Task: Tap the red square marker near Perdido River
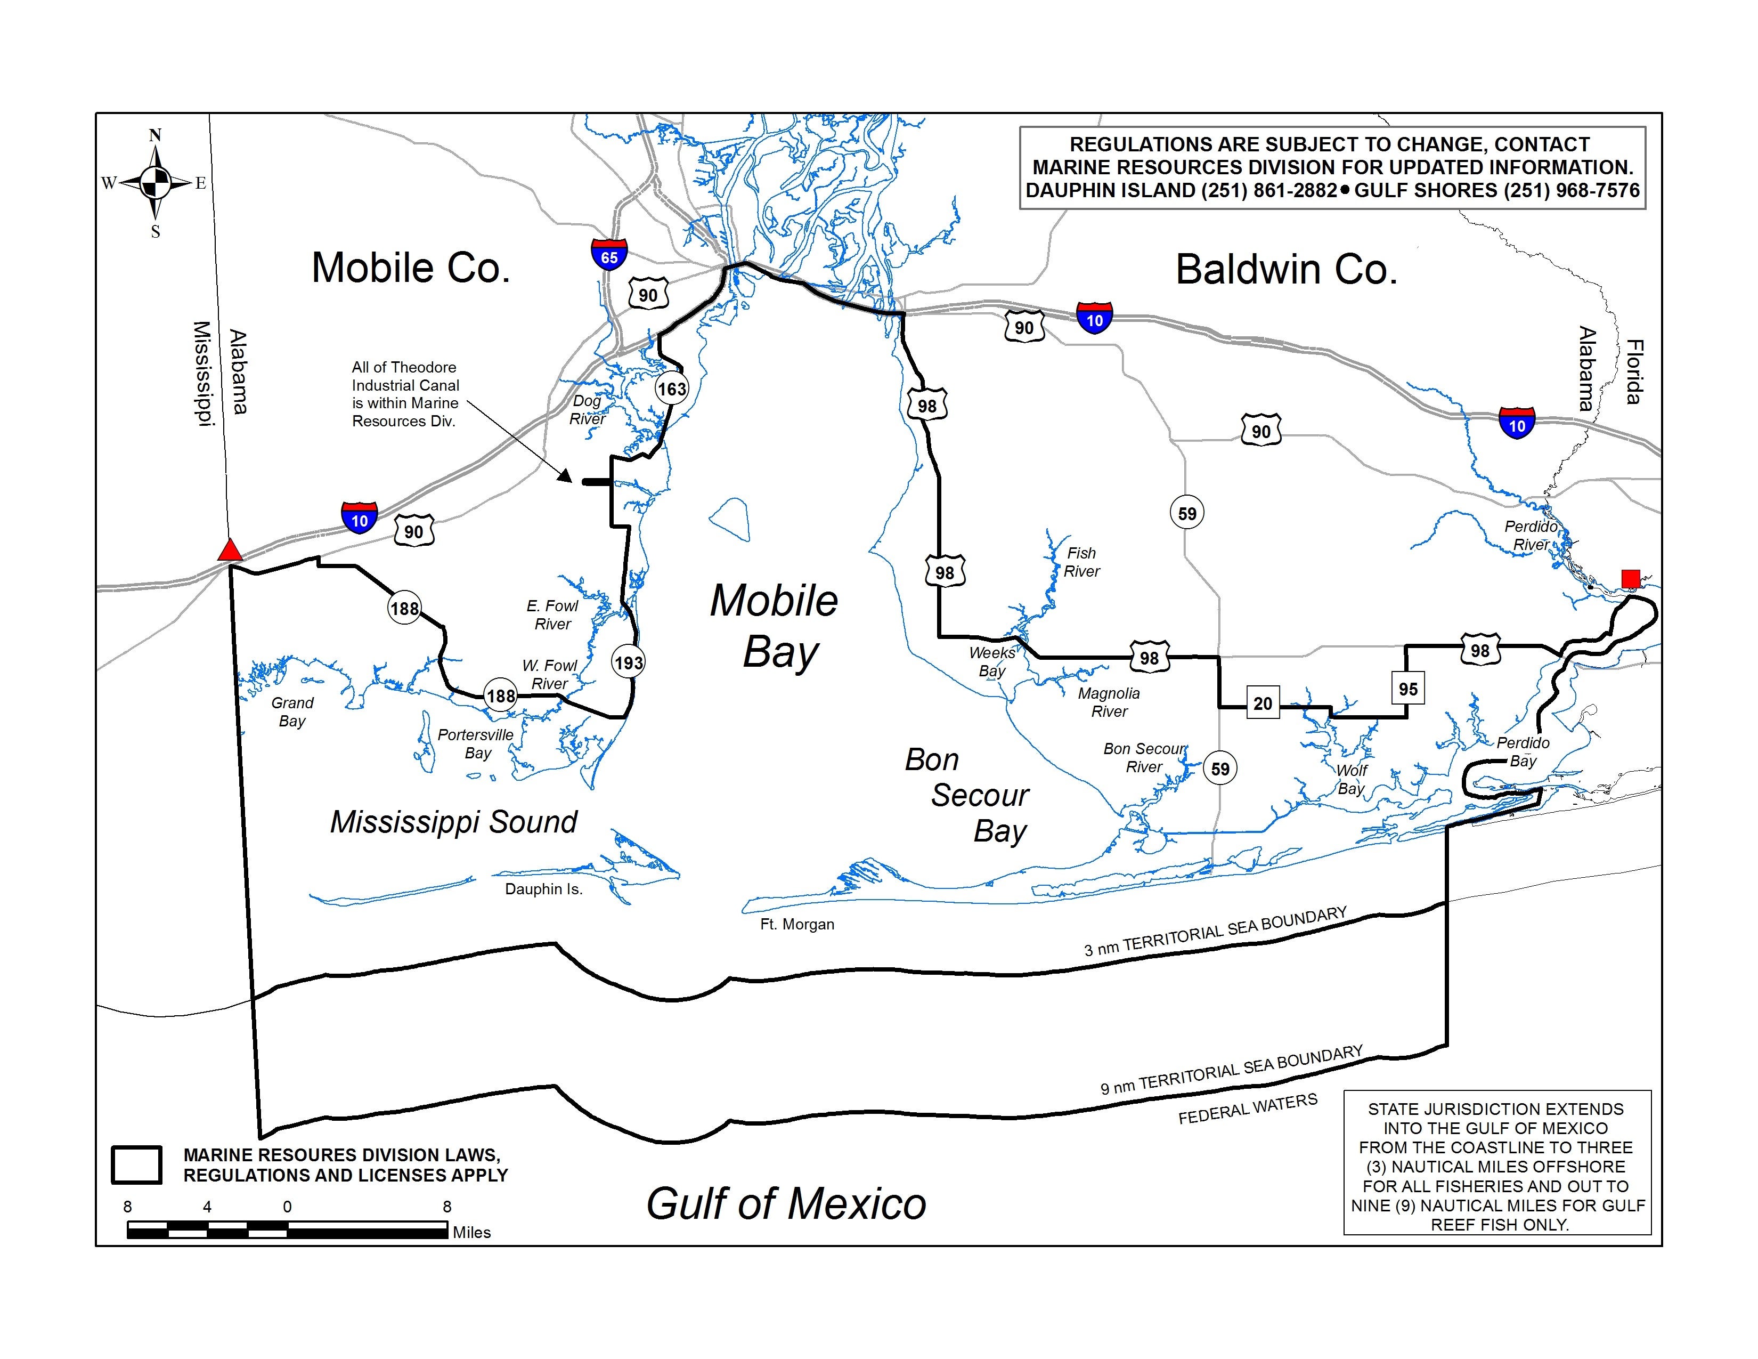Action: [1630, 578]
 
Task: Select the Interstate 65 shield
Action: [609, 254]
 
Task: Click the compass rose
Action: [156, 183]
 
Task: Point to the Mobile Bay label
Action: [775, 626]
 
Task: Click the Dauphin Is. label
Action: [543, 889]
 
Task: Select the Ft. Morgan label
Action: [797, 924]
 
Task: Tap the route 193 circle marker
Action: [629, 662]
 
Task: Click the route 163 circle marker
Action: [671, 390]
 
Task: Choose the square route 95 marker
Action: [1408, 689]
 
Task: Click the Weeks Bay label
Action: [992, 662]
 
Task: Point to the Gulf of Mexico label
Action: [786, 1203]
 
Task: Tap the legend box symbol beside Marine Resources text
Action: [137, 1165]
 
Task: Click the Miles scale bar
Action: [287, 1229]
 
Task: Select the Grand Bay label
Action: [292, 711]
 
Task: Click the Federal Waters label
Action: [1248, 1110]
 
